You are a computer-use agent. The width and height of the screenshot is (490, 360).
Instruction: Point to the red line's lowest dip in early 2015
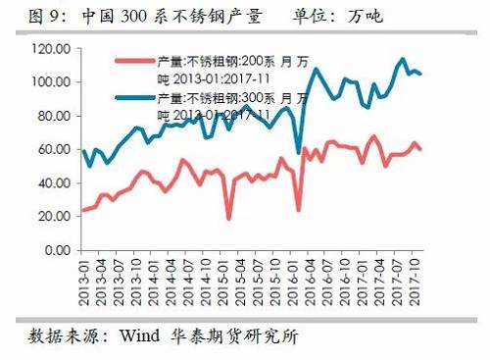[x=229, y=218]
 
